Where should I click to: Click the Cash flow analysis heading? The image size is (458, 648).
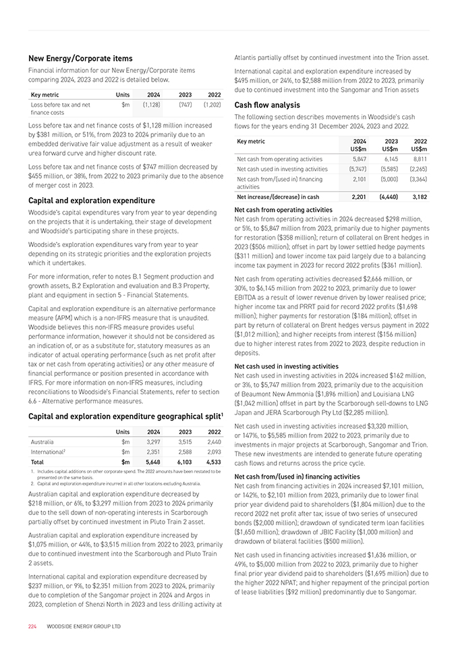[267, 105]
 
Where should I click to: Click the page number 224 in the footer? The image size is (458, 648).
[32, 626]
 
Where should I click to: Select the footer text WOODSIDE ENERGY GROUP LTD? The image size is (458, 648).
[84, 626]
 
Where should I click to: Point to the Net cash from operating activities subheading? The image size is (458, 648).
[279, 210]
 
